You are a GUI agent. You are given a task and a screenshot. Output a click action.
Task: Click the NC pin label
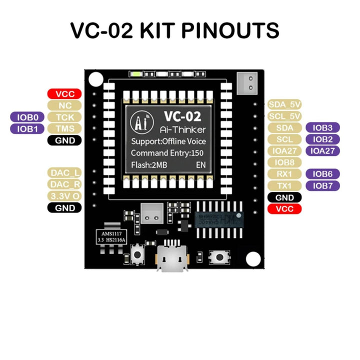click(64, 105)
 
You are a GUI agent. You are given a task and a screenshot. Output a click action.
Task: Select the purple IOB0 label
click(27, 117)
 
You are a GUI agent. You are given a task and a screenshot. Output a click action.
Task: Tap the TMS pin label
click(64, 129)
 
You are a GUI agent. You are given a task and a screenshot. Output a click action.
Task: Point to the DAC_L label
click(64, 173)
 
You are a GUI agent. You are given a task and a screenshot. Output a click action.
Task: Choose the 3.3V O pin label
click(64, 195)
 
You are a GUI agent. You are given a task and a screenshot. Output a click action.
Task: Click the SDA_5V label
click(284, 104)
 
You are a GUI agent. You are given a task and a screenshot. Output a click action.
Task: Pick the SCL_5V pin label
click(284, 116)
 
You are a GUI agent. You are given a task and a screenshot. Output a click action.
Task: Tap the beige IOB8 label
click(284, 162)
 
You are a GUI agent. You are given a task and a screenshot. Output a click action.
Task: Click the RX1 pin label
click(284, 174)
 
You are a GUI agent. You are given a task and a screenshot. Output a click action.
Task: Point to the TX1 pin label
click(284, 186)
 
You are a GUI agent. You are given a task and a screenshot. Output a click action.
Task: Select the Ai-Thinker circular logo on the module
click(138, 121)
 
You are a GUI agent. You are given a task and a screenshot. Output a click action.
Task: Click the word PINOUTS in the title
click(230, 30)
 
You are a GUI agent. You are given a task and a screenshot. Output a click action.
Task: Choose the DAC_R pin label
click(64, 184)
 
